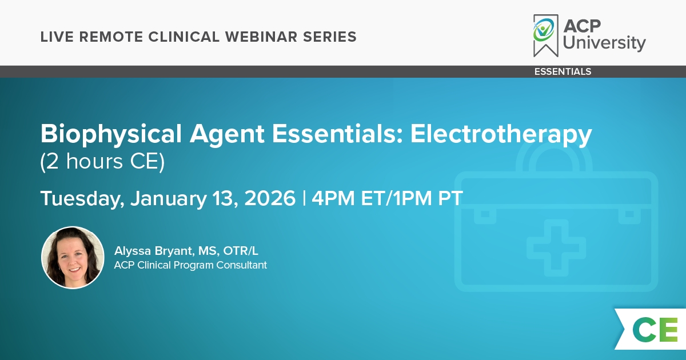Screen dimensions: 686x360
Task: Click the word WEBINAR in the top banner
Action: coord(261,37)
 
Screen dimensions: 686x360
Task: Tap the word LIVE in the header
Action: coord(57,37)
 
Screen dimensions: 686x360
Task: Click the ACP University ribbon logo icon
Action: coord(546,35)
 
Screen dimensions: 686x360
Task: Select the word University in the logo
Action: coord(604,43)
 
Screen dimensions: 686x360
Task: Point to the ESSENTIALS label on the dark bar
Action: coord(563,71)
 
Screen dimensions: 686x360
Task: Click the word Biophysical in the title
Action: coord(111,134)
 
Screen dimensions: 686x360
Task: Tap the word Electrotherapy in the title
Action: coord(501,134)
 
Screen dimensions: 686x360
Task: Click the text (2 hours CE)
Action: coord(102,162)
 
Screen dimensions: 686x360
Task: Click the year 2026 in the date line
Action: coord(270,198)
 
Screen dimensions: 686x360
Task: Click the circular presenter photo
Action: coord(73,258)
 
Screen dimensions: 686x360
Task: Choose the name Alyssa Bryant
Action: coord(154,251)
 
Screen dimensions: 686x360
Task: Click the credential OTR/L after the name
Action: coord(241,251)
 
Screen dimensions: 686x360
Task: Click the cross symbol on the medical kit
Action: coord(556,247)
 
